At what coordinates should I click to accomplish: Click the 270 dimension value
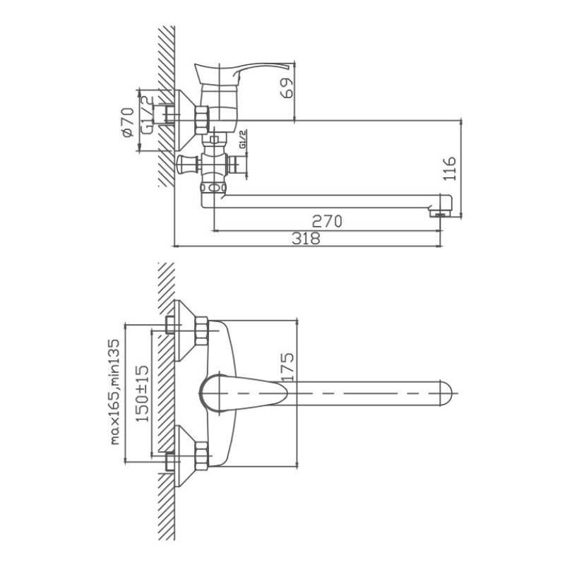coord(327,221)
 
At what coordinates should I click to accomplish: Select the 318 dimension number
coord(306,238)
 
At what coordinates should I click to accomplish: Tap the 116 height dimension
coord(449,169)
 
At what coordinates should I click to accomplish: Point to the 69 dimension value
coord(287,88)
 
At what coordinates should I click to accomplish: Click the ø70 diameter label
coord(128,122)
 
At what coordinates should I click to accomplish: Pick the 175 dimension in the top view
coord(287,367)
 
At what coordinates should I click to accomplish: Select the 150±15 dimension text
coord(142,393)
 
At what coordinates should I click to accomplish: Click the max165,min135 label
coord(114,392)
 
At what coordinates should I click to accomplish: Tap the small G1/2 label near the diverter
coord(242,139)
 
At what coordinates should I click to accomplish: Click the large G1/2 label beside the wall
coord(147,115)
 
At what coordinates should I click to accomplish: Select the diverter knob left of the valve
coord(187,164)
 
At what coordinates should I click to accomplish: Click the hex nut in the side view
coord(202,120)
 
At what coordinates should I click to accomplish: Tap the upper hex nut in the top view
coord(201,331)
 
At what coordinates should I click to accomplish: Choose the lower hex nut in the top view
coord(201,456)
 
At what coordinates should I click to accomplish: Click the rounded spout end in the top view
coord(446,393)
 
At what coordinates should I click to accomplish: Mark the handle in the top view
coord(244,393)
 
